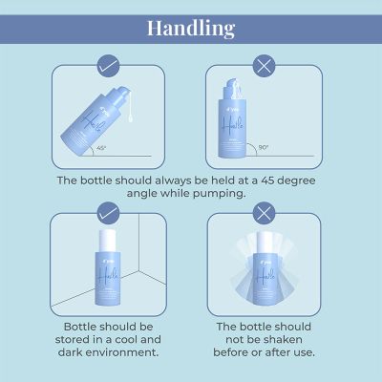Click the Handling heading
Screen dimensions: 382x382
click(191, 26)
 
